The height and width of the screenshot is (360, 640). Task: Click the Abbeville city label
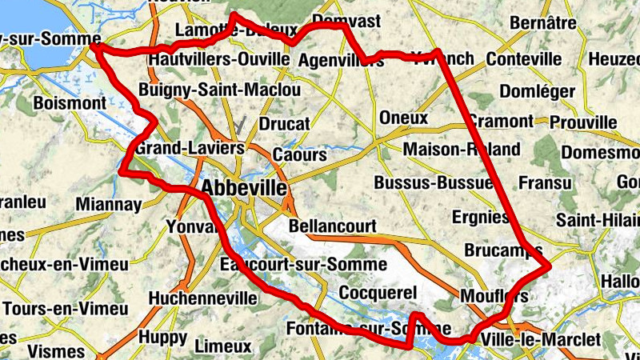(244, 188)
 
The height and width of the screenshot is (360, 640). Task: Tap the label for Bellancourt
(332, 226)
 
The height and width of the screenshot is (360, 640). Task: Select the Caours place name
(299, 154)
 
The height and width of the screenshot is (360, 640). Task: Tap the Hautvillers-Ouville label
(218, 59)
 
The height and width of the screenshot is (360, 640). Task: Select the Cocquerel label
(378, 293)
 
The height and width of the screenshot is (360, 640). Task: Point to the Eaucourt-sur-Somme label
(303, 264)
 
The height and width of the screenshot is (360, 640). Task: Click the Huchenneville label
(203, 298)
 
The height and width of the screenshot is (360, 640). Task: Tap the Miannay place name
(110, 205)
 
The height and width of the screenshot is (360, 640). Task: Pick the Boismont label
(70, 103)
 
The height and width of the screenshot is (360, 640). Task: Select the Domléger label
(537, 91)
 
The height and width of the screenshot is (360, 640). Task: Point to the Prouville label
(584, 122)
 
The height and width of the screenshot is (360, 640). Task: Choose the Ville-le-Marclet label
(541, 340)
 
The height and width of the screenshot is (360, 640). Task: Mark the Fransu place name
(546, 183)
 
